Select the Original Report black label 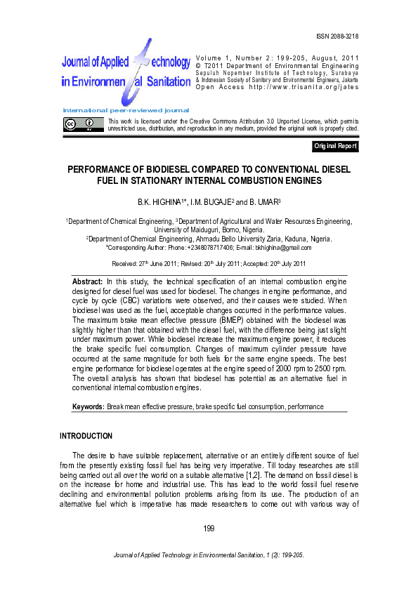336,147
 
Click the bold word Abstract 88,281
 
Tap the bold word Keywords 89,406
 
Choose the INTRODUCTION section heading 86,436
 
